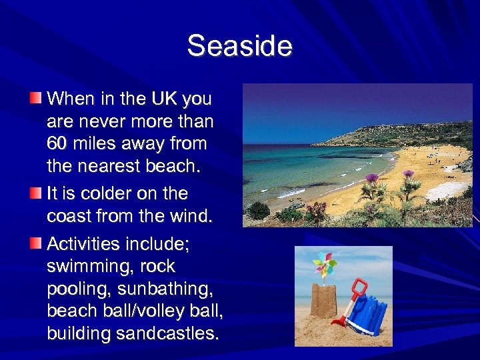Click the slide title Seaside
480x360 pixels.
tap(239, 46)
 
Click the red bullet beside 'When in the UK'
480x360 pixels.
tap(35, 99)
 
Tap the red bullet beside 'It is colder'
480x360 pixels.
tap(35, 193)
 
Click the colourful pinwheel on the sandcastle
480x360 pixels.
tap(325, 265)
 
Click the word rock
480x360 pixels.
tap(159, 267)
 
